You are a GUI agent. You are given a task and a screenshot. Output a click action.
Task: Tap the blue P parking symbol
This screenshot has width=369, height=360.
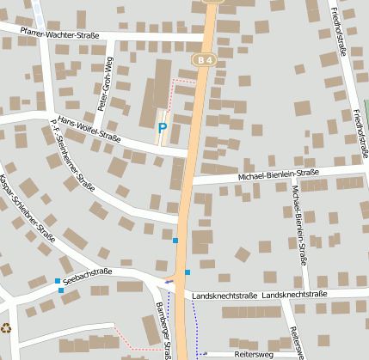(x=162, y=129)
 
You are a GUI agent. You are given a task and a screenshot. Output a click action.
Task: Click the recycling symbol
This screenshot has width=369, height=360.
(x=7, y=327)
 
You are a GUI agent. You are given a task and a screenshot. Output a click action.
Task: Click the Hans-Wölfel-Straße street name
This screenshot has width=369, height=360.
(x=89, y=129)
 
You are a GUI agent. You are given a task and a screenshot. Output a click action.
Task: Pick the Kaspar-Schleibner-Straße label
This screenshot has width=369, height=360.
(x=28, y=208)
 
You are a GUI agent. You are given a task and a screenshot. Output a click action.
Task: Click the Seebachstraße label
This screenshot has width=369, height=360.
(x=89, y=274)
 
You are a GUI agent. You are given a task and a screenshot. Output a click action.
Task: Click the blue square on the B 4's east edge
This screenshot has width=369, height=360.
(x=188, y=273)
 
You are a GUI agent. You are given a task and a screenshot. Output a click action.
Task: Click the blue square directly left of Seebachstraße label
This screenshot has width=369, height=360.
(x=58, y=281)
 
